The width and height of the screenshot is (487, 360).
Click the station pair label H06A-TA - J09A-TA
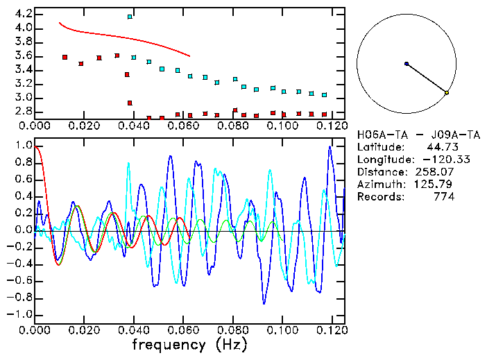416,135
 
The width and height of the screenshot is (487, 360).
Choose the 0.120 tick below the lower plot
331,330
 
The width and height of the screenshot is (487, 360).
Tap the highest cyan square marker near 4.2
130,16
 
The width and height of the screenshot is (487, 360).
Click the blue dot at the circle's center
407,64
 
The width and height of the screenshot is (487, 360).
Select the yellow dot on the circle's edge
447,92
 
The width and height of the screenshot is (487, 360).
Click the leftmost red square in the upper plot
65,57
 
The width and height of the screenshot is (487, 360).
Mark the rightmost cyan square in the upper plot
324,94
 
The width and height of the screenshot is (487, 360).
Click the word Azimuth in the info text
377,185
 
